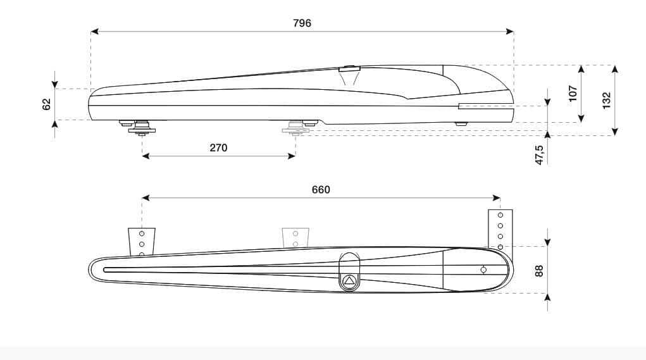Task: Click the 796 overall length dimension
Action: (x=302, y=23)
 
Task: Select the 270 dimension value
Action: (x=218, y=148)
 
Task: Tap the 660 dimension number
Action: (x=321, y=190)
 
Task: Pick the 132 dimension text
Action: (x=606, y=100)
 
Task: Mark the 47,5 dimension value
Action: (x=539, y=155)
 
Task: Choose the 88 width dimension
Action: (x=539, y=270)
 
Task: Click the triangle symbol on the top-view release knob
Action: (x=349, y=281)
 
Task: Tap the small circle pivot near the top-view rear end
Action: (x=483, y=270)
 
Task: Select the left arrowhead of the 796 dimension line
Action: (x=94, y=31)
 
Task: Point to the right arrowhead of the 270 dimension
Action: (x=292, y=156)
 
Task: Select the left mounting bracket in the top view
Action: (x=142, y=242)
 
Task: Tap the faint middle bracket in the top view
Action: (x=295, y=238)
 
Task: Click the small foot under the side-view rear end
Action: (x=462, y=124)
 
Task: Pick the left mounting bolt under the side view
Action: (x=142, y=127)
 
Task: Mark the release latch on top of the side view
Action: (x=349, y=69)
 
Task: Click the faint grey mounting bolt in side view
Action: (x=295, y=128)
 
